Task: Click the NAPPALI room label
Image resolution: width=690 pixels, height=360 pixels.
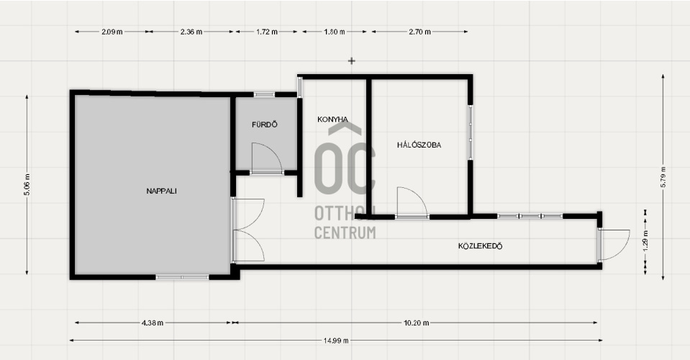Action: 161,191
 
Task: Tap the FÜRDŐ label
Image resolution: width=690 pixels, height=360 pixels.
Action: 265,125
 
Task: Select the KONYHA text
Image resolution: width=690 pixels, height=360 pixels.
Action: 332,120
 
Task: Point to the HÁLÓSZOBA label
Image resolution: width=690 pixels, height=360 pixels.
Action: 419,145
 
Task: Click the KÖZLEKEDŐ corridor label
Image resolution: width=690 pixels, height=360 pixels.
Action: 480,246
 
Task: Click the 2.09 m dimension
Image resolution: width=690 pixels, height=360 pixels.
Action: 112,32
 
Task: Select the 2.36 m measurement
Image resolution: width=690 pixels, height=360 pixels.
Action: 191,32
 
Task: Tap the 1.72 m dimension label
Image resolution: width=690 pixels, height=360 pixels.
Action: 267,32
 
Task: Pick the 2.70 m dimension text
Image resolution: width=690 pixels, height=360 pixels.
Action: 419,32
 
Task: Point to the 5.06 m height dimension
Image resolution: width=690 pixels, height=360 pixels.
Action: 27,184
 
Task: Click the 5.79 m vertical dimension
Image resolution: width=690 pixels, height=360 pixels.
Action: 663,177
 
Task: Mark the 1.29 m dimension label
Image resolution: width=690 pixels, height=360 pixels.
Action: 645,240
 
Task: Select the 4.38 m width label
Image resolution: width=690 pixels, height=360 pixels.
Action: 153,323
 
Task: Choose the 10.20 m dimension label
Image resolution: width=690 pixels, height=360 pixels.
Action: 417,323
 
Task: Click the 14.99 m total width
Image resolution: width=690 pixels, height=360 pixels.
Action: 336,340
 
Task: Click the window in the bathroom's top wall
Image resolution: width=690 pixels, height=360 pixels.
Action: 264,94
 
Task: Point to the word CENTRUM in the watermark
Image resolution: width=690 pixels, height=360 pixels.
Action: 345,233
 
